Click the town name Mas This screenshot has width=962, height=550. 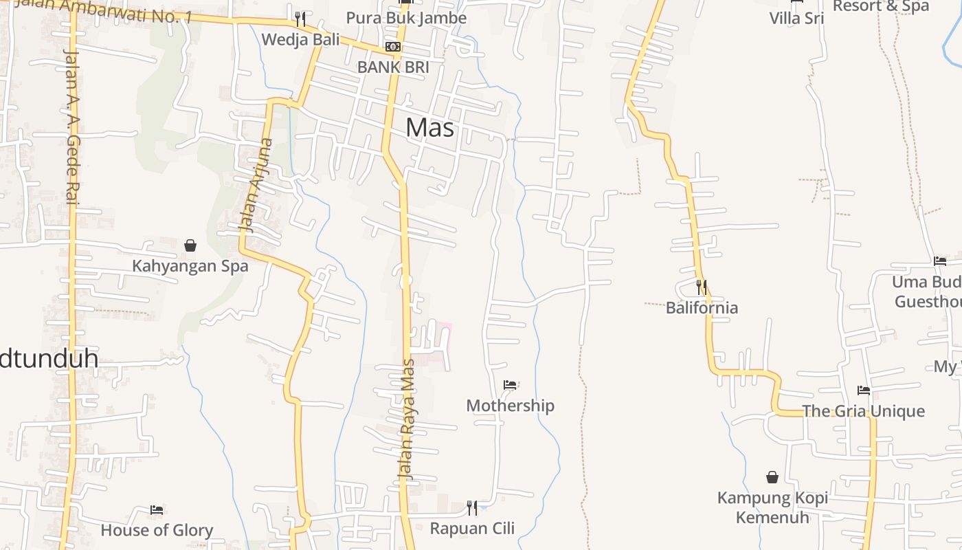click(x=429, y=127)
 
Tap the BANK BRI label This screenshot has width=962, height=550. click(x=393, y=67)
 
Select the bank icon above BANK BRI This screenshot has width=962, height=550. click(x=393, y=47)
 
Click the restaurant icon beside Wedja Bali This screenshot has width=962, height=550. click(x=300, y=19)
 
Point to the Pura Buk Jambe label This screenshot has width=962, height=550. click(x=406, y=18)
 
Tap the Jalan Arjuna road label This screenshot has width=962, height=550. click(x=255, y=186)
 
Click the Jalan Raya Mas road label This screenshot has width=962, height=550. click(x=407, y=419)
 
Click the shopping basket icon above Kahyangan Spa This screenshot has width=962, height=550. click(x=190, y=245)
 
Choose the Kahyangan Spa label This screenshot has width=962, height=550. click(x=190, y=266)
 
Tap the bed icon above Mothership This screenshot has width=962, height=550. click(x=510, y=385)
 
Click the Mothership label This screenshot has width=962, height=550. click(x=510, y=406)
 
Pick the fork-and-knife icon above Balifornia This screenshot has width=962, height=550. click(x=702, y=287)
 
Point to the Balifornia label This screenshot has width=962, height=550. click(x=702, y=307)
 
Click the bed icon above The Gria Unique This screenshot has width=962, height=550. click(x=864, y=390)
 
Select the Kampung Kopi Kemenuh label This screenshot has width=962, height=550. click(x=772, y=507)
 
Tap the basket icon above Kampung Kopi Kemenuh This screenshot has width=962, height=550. click(x=772, y=477)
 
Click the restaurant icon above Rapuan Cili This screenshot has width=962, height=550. click(x=472, y=508)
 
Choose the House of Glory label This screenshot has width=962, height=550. click(x=157, y=530)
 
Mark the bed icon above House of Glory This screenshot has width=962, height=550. click(x=157, y=510)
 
